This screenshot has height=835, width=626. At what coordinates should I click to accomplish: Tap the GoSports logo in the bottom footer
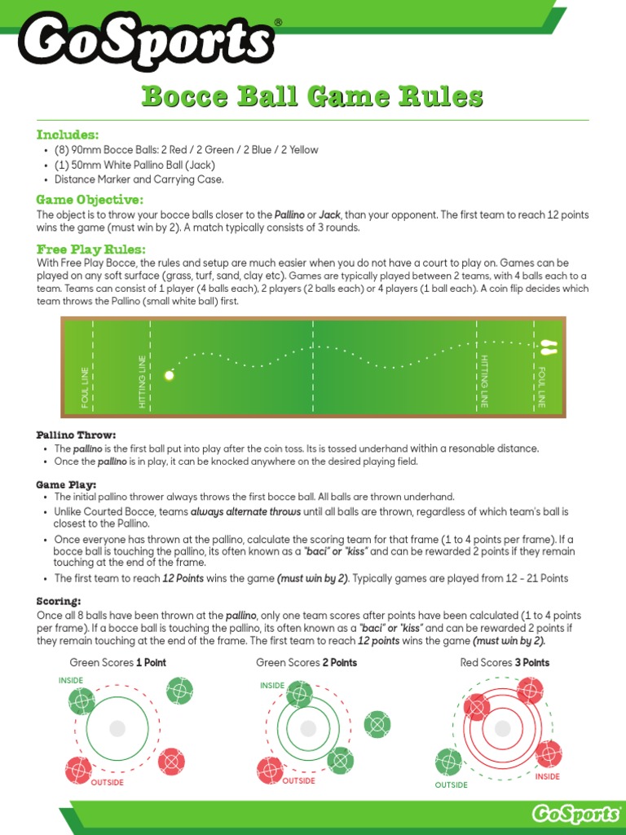pos(575,814)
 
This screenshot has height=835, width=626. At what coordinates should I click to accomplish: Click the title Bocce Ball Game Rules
pos(312,97)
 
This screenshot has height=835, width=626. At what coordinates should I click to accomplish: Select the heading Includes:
pos(68,135)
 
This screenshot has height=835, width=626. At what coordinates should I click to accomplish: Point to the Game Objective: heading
pos(90,200)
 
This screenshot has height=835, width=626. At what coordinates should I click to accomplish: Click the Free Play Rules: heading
pos(91,249)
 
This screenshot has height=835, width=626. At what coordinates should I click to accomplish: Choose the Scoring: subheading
pos(59,601)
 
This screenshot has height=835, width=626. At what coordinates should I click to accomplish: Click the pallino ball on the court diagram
pos(170,376)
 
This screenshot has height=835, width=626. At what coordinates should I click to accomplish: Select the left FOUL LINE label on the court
pos(86,387)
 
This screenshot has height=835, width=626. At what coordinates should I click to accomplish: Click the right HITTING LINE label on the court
pos(484,381)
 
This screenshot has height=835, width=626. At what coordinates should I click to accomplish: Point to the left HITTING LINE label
pos(143,381)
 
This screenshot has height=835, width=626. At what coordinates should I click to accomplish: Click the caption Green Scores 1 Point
pos(117,662)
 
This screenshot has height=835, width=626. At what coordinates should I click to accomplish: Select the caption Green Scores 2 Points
pos(306,662)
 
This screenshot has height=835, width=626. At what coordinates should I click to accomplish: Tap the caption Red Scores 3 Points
pos(505,662)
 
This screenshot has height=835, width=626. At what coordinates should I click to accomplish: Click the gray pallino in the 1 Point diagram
pos(117,727)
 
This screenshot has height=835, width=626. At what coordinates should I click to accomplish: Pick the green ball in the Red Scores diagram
pos(447,762)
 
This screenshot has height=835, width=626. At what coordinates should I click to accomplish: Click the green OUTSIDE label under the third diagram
pos(451,785)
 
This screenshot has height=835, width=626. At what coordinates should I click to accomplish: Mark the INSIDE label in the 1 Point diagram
pos(71,679)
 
